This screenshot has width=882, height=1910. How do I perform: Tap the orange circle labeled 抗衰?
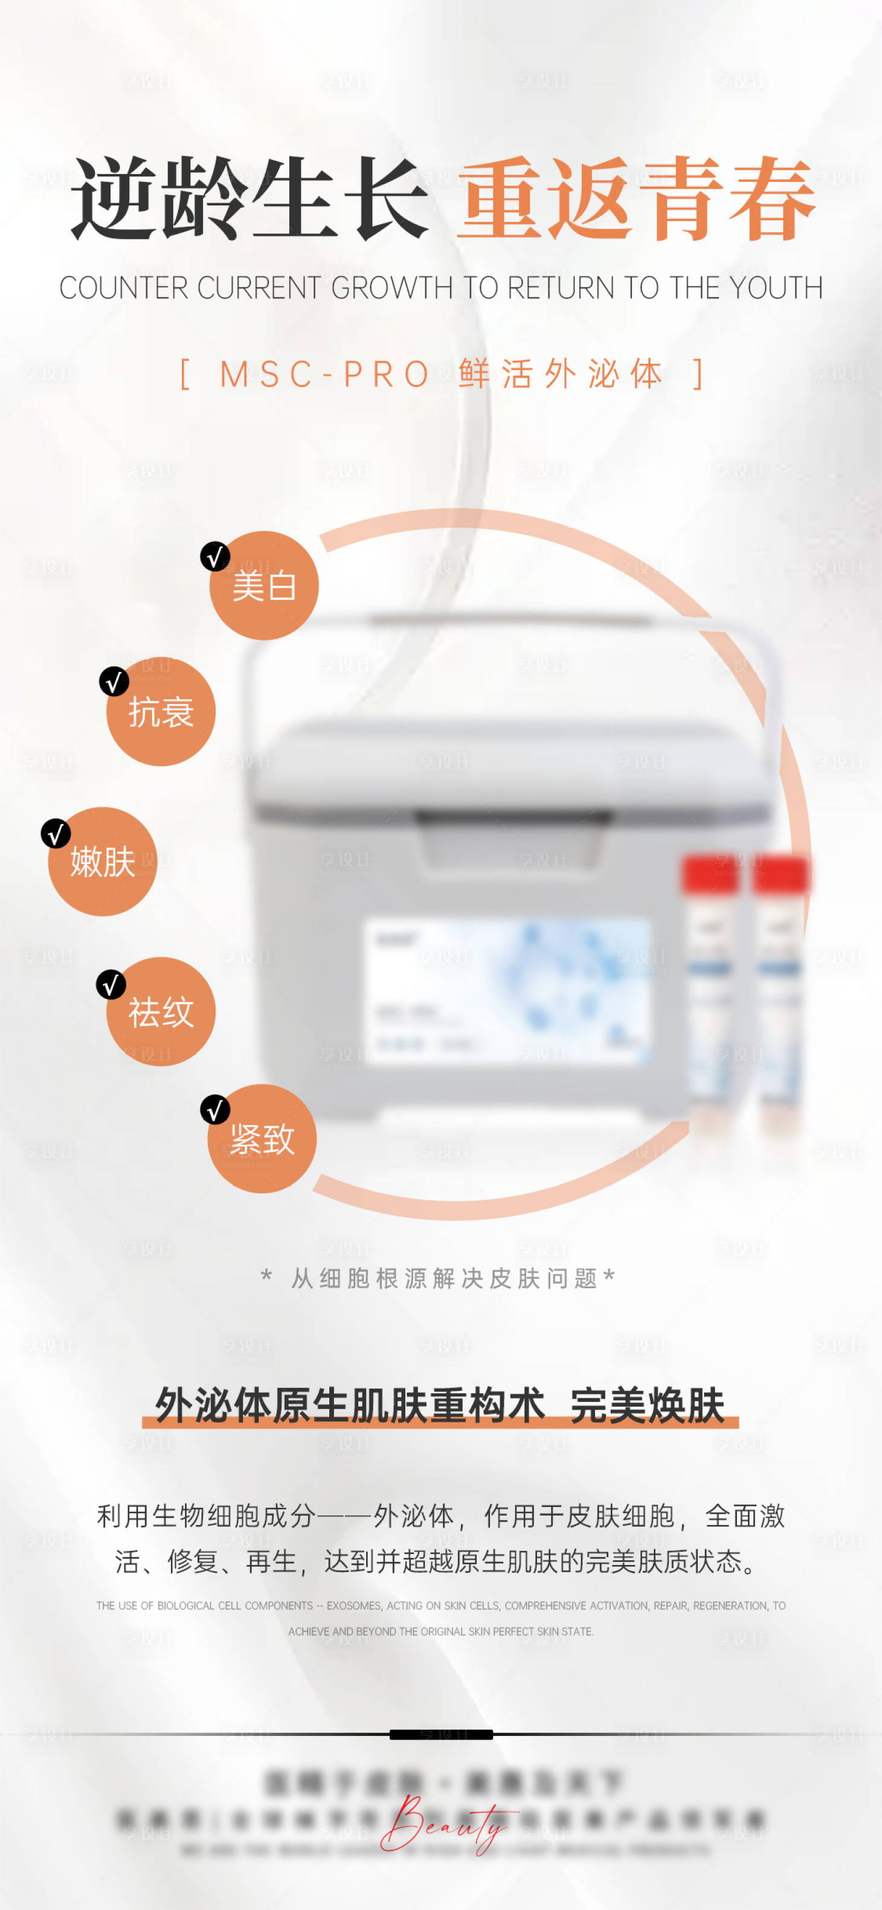161,712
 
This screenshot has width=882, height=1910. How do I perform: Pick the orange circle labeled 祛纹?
161,1013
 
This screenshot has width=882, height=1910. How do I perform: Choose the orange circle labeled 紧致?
262,1140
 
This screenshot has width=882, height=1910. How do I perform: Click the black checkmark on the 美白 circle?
215,556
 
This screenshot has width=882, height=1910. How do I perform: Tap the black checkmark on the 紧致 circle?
215,1110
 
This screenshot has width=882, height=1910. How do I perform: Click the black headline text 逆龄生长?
249,199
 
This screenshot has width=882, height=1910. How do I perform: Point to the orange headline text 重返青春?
636,199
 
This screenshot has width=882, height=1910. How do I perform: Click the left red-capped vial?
710,986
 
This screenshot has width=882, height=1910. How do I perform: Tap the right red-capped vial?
778,986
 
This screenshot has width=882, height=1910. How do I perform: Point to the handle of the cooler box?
512,620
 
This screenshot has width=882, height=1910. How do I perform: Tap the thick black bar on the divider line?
441,1735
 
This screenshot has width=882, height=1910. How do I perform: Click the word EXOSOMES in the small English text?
353,1606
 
